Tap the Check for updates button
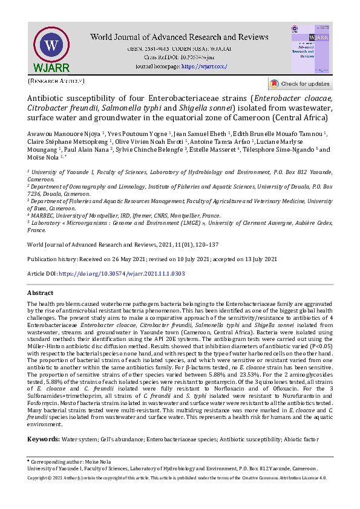[300, 84]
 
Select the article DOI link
[122, 274]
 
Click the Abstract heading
[41, 292]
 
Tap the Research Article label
[56, 80]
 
